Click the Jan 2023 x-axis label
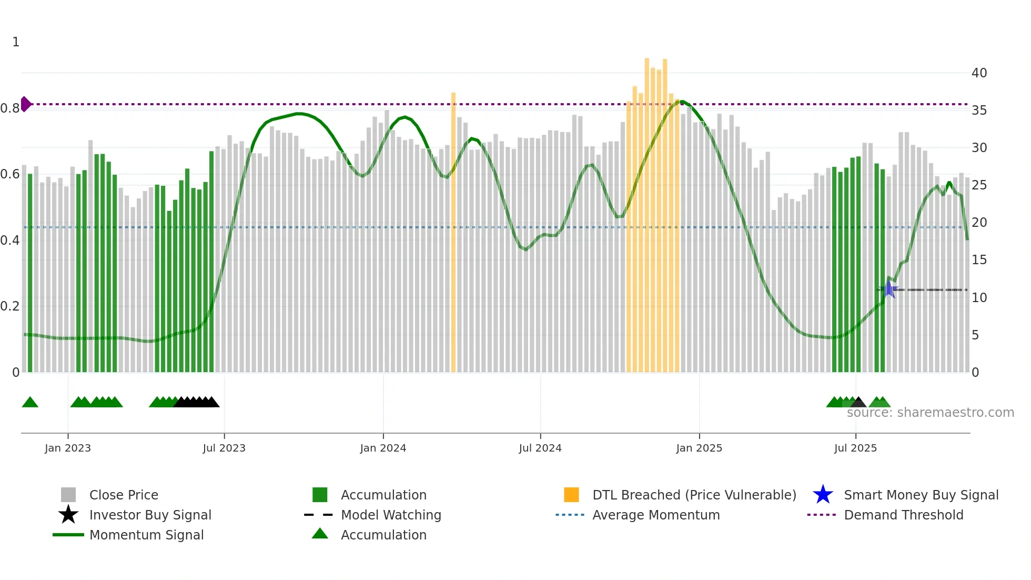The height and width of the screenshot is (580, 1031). click(68, 448)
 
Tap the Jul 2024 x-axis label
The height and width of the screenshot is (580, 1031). click(540, 448)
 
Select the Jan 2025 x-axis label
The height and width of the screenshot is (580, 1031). click(699, 448)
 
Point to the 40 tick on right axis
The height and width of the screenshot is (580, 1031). click(979, 73)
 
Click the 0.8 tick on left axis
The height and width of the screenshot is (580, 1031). click(10, 108)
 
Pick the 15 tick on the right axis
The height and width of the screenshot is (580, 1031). click(979, 260)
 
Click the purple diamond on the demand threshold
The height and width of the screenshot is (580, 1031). click(25, 104)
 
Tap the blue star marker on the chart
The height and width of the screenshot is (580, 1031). click(888, 289)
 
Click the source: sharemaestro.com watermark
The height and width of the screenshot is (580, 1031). click(930, 413)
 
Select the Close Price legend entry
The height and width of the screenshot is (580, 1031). click(124, 495)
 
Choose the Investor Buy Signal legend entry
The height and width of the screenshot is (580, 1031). click(150, 515)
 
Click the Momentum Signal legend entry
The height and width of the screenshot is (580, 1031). click(146, 535)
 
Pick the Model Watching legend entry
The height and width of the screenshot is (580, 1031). click(391, 515)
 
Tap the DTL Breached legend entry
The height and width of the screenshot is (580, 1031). click(694, 495)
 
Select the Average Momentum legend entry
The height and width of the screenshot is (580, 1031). click(656, 515)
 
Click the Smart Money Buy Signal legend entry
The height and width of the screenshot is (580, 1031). click(921, 495)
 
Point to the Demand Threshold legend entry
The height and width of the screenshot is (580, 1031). click(903, 515)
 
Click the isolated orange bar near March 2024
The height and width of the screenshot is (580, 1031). click(453, 232)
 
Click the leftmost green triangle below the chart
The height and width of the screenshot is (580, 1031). click(30, 403)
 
